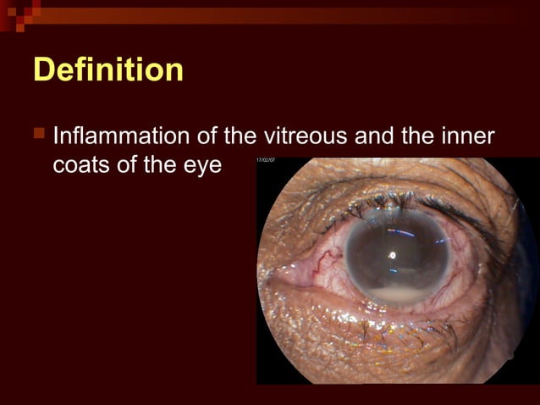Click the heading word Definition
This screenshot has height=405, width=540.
(107, 69)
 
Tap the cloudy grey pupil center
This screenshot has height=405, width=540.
(394, 254)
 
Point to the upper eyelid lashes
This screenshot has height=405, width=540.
(398, 202)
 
